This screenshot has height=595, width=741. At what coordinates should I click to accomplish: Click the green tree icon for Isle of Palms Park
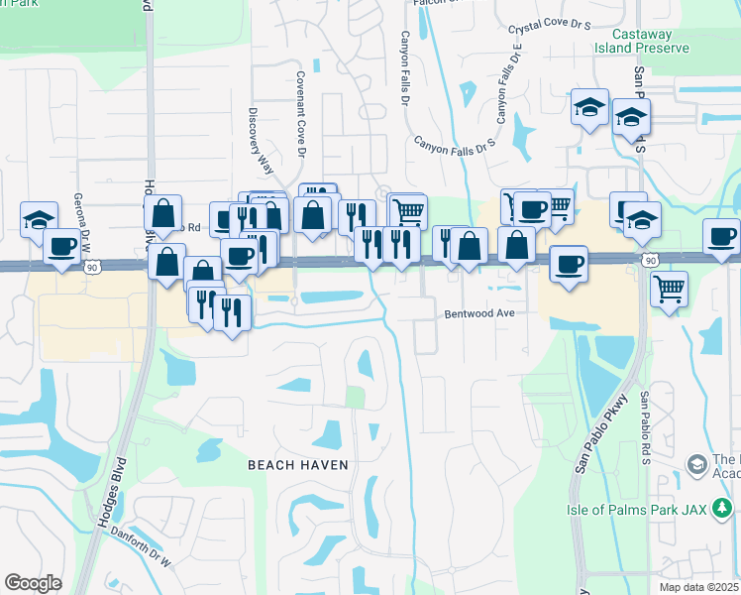[724, 509]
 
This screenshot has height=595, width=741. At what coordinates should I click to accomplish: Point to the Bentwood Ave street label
[479, 312]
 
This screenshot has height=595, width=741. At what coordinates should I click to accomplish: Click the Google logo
[33, 582]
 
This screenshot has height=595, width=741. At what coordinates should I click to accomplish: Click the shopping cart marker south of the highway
[670, 289]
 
